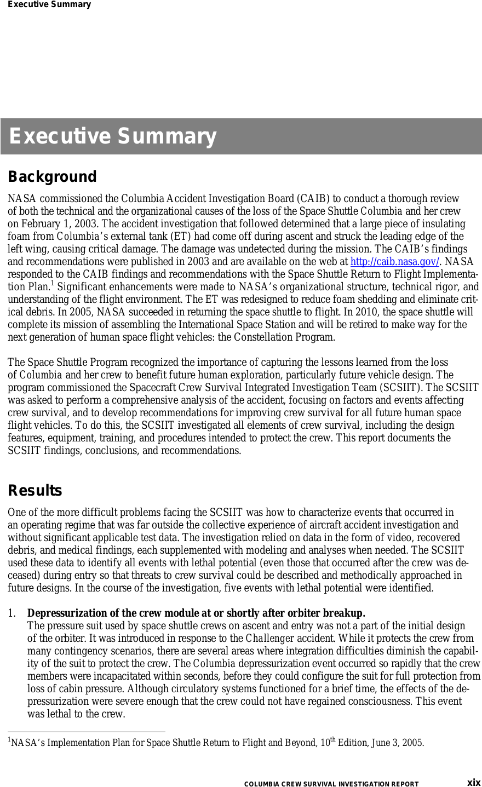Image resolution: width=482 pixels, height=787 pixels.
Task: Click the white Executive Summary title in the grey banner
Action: (112, 136)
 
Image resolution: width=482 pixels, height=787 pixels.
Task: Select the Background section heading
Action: (52, 177)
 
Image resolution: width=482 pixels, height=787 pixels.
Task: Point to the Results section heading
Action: (35, 491)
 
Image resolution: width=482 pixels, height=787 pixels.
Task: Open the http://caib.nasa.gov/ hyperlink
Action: (394, 262)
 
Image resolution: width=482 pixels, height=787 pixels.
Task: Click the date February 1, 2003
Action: (58, 224)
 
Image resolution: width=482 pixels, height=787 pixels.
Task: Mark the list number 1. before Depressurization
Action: (12, 613)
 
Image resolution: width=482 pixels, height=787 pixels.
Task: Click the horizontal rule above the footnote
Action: (86, 732)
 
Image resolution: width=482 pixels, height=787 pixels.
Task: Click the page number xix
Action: (473, 783)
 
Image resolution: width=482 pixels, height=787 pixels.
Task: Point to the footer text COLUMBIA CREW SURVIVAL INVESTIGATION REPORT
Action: (331, 784)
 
